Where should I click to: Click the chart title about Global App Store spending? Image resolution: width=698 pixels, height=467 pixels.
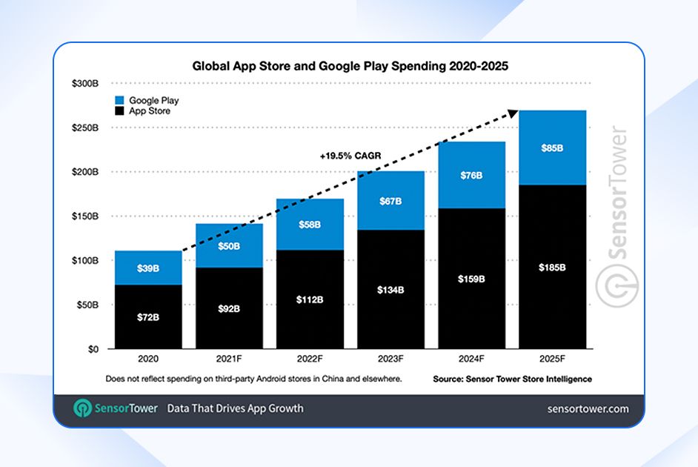coord(350,66)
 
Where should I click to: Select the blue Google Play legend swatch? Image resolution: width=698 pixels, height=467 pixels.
coord(119,100)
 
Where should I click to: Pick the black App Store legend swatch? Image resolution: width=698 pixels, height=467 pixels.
coord(119,111)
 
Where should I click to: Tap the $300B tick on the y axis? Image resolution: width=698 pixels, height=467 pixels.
coord(84,84)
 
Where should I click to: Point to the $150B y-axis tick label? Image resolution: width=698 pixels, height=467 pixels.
coord(84,216)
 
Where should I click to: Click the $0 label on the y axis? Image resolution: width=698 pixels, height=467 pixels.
coord(93,349)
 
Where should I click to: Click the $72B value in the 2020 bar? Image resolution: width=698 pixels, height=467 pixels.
coord(147,317)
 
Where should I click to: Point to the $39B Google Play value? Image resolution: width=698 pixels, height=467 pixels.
coord(147,268)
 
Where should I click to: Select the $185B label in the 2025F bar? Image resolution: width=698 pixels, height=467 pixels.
coord(552,268)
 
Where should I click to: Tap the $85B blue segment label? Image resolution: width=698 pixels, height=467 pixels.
coord(552,148)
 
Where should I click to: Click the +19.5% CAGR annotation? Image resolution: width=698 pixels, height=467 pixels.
coord(349,157)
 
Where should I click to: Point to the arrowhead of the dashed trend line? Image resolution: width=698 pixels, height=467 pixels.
coord(511,113)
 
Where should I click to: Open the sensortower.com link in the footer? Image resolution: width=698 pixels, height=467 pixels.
coord(588,408)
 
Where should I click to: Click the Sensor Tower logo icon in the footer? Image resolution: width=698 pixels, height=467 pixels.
coord(83,408)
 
